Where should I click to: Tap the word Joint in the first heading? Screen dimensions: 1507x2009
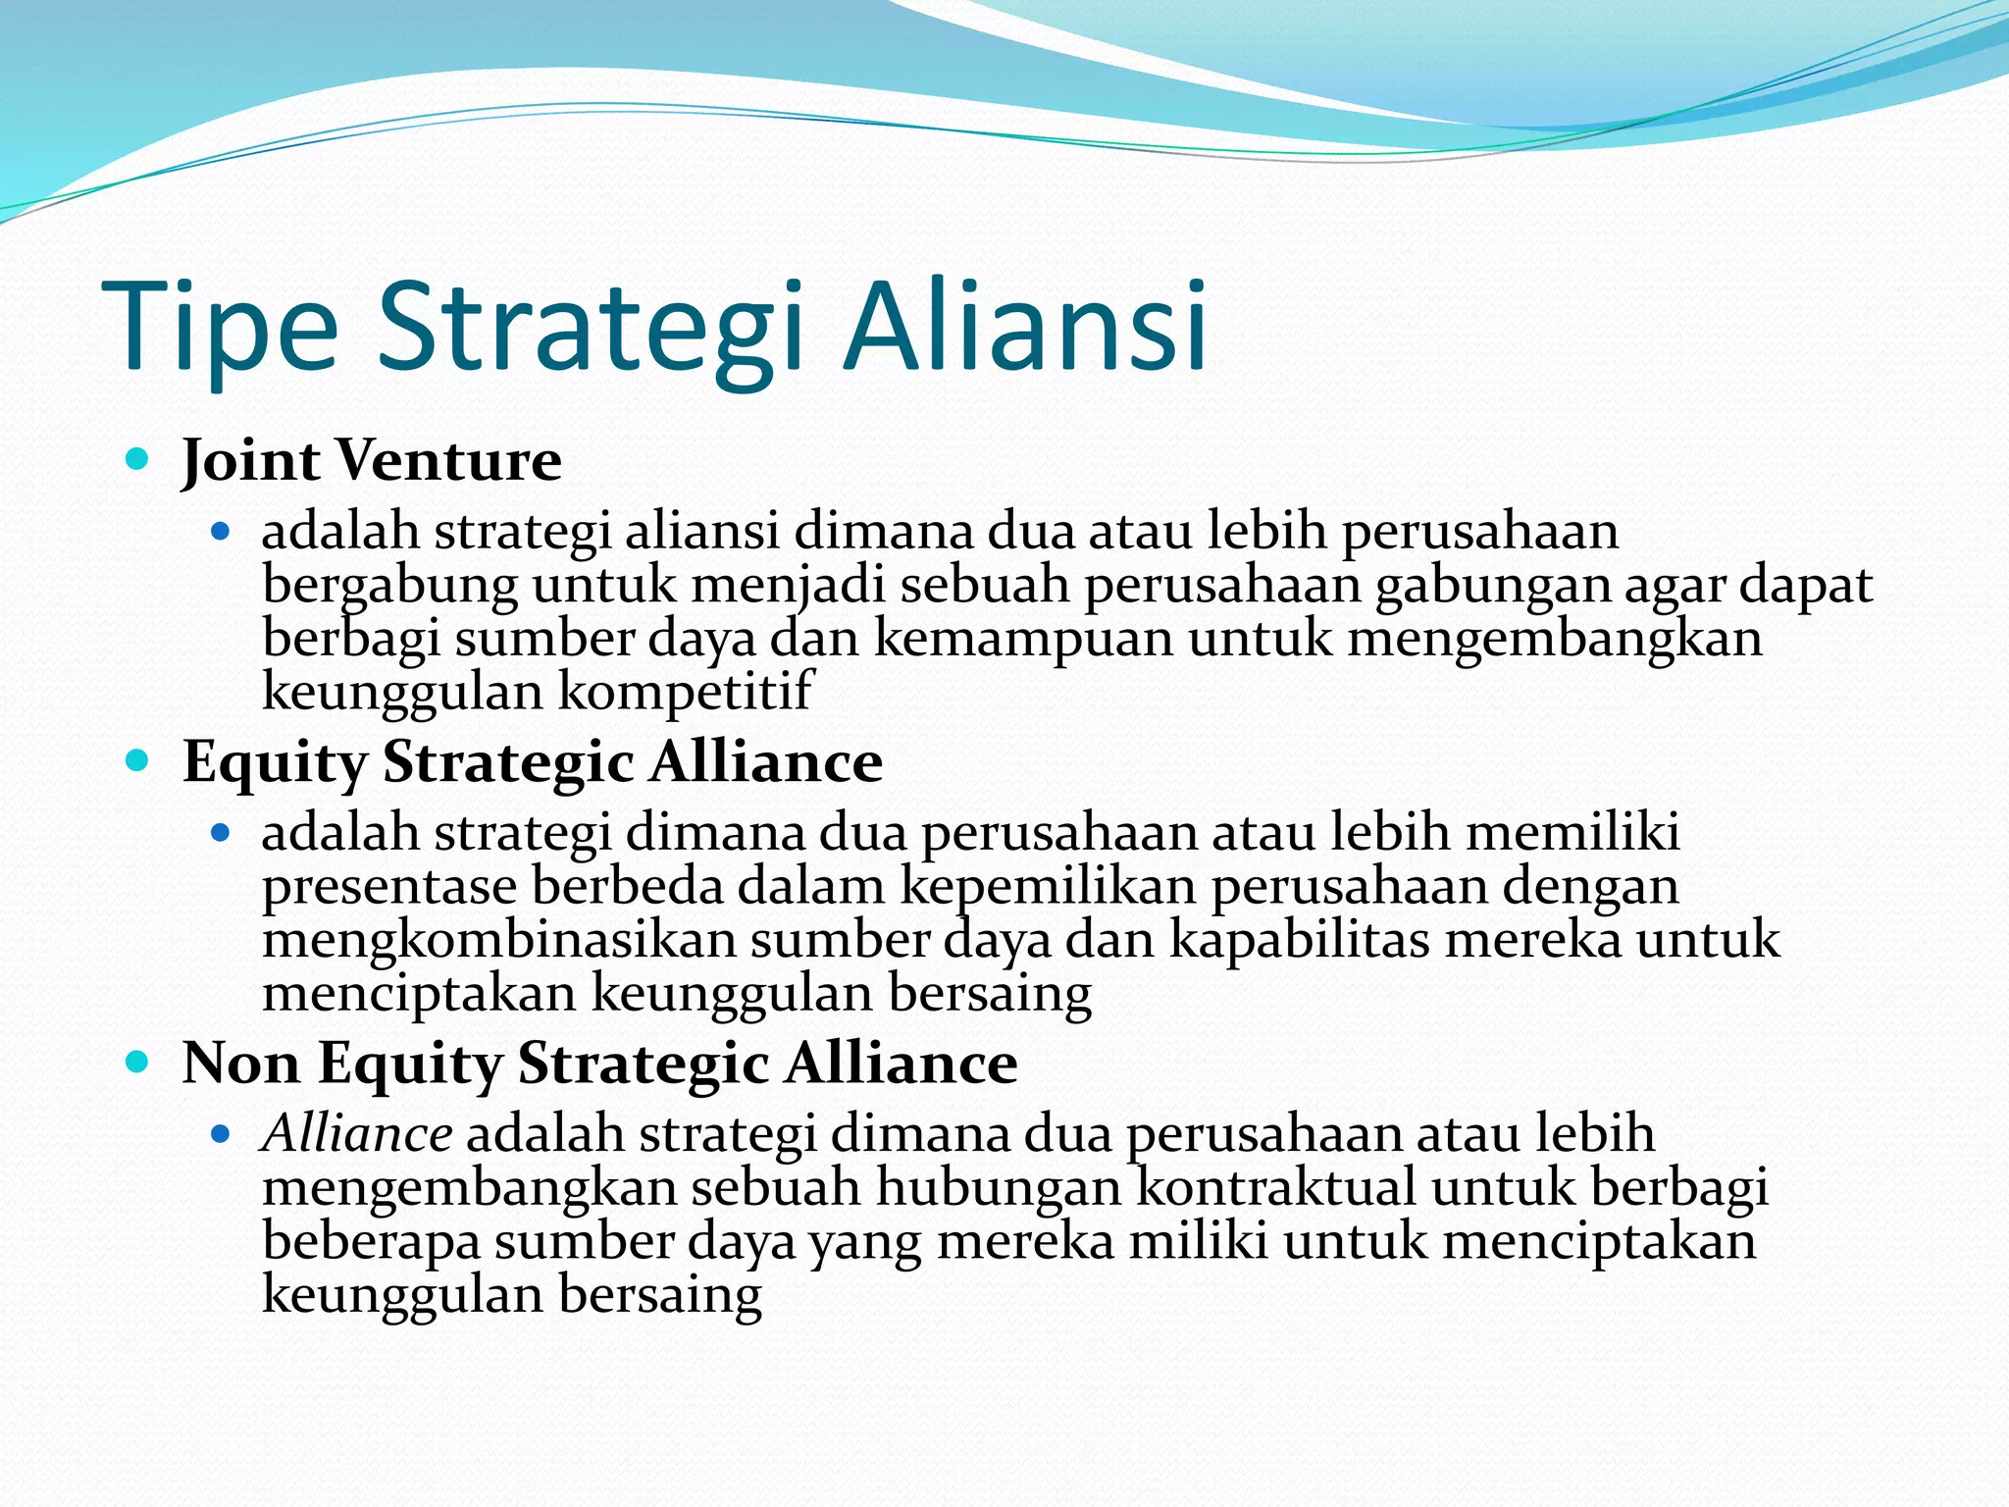pyautogui.click(x=250, y=461)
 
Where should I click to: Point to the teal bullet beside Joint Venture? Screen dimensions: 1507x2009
pyautogui.click(x=137, y=458)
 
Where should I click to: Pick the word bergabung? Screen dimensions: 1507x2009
pyautogui.click(x=389, y=586)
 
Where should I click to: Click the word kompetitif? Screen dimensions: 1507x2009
pyautogui.click(x=686, y=692)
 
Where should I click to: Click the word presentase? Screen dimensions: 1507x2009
pyautogui.click(x=389, y=887)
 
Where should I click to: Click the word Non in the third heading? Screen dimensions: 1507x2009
pyautogui.click(x=241, y=1064)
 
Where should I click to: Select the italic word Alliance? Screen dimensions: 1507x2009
pyautogui.click(x=357, y=1135)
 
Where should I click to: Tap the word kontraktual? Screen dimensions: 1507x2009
pyautogui.click(x=1276, y=1188)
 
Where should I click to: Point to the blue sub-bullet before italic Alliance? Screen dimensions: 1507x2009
pyautogui.click(x=221, y=1135)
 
